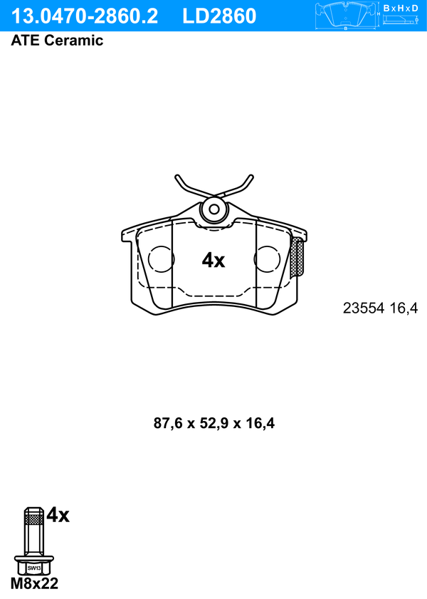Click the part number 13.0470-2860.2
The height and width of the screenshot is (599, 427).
[x=85, y=16]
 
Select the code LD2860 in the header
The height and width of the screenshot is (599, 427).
[x=219, y=16]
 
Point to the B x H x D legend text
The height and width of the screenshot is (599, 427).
[x=401, y=8]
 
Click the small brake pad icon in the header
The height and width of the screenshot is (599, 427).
[x=346, y=15]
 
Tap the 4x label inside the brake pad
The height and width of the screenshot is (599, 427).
[x=213, y=260]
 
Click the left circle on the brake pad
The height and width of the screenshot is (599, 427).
[x=161, y=259]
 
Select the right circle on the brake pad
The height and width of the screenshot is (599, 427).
[x=267, y=259]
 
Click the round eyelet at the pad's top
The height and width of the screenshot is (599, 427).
[x=214, y=209]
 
